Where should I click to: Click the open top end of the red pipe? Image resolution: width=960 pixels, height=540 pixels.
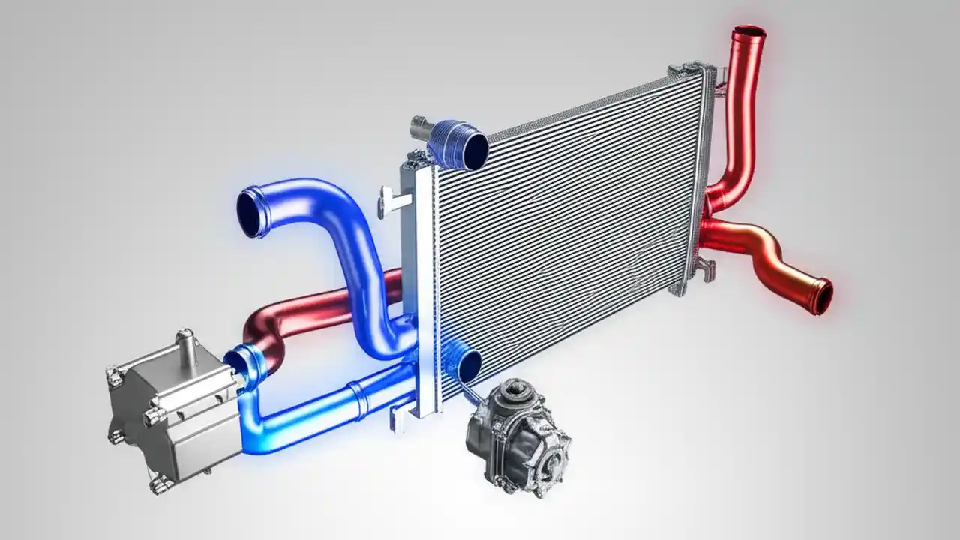[x=749, y=32]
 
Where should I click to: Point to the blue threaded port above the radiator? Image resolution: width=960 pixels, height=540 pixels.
[x=459, y=145]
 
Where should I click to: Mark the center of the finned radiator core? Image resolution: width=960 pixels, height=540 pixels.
[x=570, y=225]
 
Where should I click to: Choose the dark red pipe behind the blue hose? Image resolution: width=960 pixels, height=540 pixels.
[x=315, y=307]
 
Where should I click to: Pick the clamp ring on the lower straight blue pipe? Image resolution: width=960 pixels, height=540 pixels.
[x=361, y=400]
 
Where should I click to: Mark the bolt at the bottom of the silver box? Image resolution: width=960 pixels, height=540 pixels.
[x=160, y=484]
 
